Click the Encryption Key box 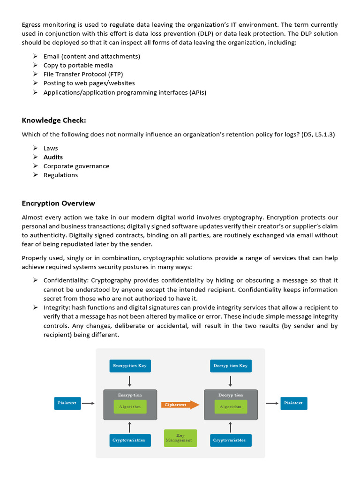click(129, 366)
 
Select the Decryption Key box click(230, 366)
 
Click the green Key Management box click(180, 438)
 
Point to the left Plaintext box click(67, 403)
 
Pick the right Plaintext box click(294, 403)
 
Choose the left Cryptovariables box click(129, 440)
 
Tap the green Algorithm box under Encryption click(130, 407)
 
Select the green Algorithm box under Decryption click(230, 407)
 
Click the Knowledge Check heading click(54, 120)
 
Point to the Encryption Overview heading click(58, 203)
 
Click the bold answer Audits click(53, 157)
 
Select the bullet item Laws click(51, 148)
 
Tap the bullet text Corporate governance click(76, 166)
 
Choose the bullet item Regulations click(60, 175)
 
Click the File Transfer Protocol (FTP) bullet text click(83, 74)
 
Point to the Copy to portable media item click(78, 65)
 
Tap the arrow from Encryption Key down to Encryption click(130, 381)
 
